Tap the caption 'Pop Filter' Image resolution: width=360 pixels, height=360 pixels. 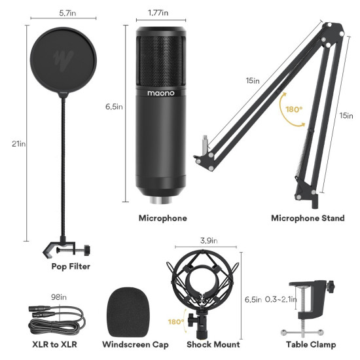(x=71, y=266)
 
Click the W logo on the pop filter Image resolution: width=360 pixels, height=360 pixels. (x=64, y=55)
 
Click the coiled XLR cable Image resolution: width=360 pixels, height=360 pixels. (x=56, y=319)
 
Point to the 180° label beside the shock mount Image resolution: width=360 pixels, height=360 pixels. (x=176, y=322)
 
